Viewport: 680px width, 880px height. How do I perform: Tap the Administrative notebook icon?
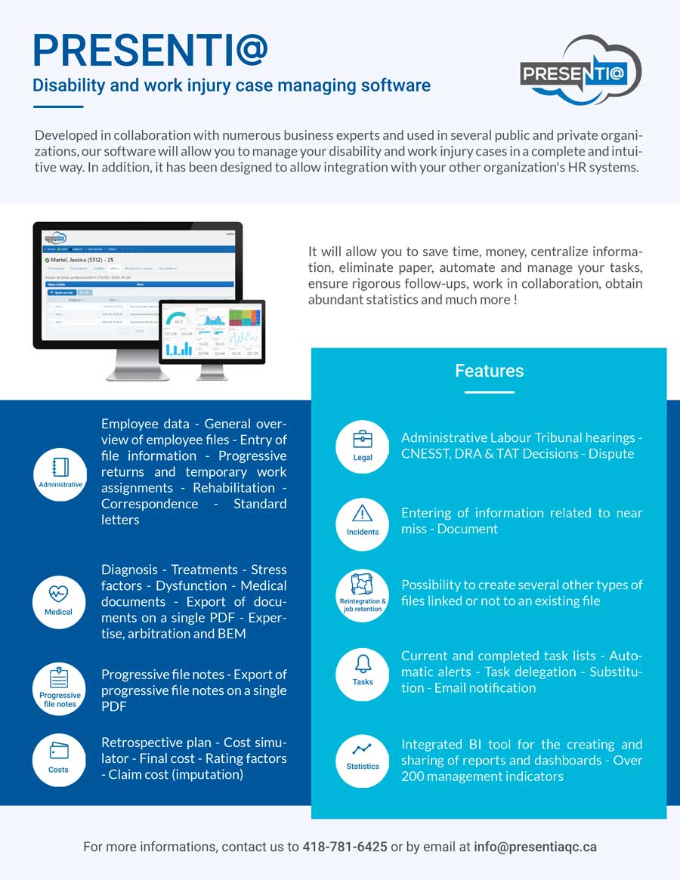(60, 467)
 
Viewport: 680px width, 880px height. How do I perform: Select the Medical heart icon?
(59, 594)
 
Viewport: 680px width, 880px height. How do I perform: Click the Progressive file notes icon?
(59, 678)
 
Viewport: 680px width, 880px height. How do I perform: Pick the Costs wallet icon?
(59, 752)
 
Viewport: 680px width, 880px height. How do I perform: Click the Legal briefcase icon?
(363, 439)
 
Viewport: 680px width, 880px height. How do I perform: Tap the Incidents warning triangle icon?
(363, 514)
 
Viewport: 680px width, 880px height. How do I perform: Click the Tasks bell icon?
(363, 664)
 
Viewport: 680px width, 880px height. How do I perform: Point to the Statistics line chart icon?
(363, 749)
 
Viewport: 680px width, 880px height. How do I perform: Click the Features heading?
(489, 371)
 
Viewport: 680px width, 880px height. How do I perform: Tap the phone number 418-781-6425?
(345, 847)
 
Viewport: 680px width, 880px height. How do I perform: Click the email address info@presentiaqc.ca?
(535, 847)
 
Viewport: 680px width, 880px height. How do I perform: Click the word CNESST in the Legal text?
(425, 454)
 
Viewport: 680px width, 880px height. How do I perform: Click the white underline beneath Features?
(489, 392)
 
